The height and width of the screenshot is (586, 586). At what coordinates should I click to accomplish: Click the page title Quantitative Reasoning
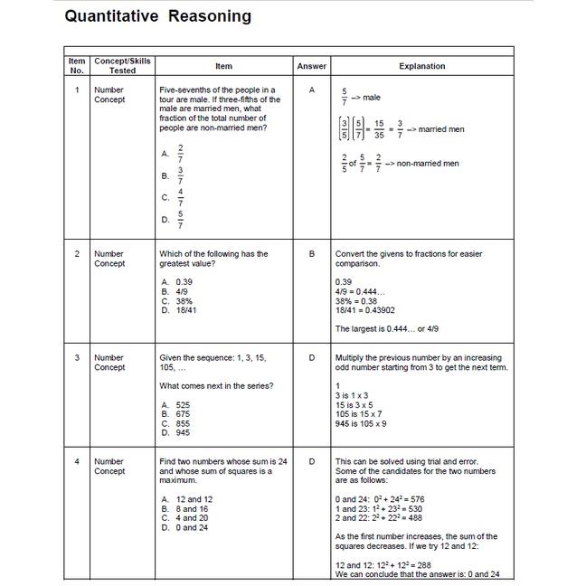(158, 16)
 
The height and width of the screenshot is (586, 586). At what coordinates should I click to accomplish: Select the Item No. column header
(77, 66)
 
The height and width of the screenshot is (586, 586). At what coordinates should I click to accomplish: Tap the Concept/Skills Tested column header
(123, 66)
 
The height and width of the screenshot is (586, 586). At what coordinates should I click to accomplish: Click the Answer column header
(312, 66)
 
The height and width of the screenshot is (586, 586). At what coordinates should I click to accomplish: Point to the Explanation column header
(422, 66)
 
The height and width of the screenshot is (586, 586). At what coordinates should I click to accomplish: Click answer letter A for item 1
(312, 90)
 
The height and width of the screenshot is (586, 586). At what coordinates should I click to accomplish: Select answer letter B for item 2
(312, 254)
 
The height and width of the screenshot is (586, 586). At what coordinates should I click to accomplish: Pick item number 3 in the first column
(77, 358)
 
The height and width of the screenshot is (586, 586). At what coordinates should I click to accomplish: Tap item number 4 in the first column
(77, 462)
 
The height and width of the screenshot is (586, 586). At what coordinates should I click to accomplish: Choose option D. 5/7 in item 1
(173, 219)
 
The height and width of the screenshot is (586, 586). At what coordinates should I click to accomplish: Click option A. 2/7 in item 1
(173, 153)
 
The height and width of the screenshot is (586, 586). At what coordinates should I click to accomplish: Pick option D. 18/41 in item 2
(179, 310)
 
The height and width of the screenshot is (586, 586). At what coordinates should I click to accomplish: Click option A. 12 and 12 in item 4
(187, 499)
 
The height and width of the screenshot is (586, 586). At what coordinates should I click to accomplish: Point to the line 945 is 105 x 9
(361, 423)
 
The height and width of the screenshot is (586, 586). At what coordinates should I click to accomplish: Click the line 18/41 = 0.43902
(364, 310)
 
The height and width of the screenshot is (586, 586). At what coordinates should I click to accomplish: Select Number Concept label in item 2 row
(109, 259)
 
